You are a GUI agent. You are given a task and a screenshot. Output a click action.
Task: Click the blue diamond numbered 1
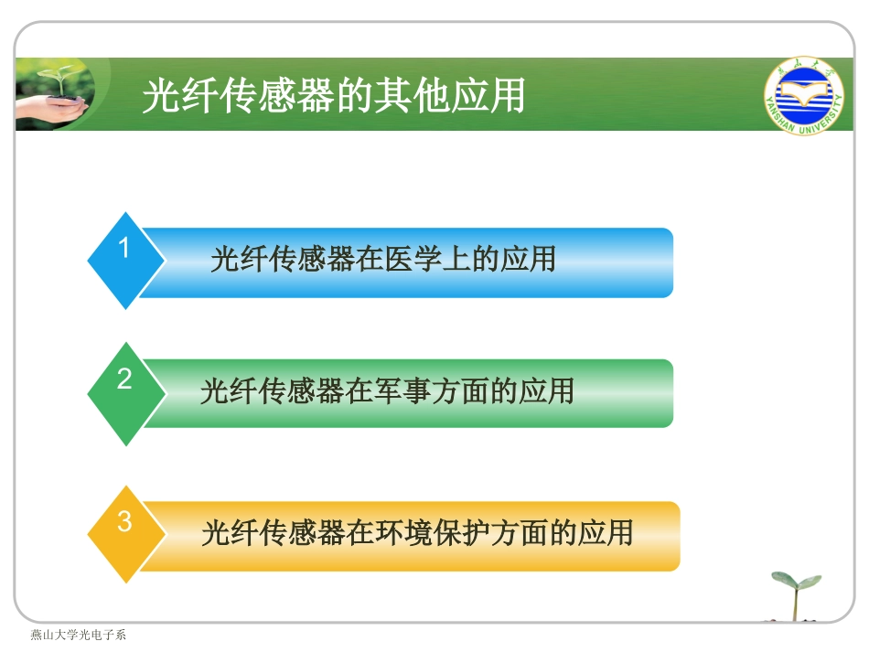125,261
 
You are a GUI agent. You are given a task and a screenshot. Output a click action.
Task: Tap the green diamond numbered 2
125,393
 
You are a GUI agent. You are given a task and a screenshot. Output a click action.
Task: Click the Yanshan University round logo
803,95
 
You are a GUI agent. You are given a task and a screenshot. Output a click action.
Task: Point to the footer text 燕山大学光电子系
78,635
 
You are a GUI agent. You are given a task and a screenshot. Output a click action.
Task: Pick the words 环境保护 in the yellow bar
430,532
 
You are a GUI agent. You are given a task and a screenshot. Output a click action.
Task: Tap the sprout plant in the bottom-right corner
794,594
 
